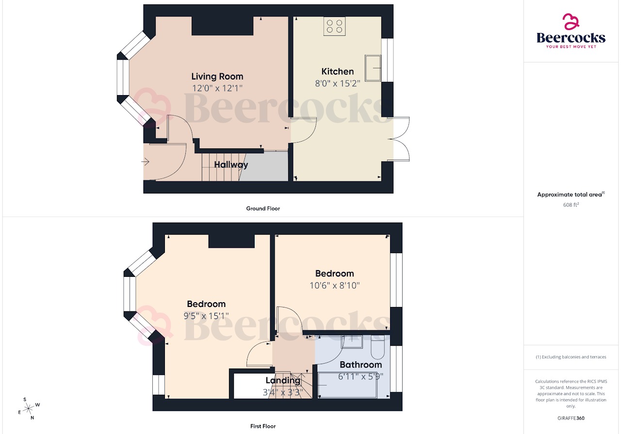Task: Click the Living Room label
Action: tap(217, 76)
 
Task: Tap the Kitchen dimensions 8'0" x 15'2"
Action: tap(338, 83)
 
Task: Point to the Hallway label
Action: tap(231, 165)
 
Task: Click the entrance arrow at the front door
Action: tap(146, 162)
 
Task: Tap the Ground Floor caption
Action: tap(262, 209)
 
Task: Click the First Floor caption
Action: tap(262, 426)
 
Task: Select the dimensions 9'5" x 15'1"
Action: tap(206, 316)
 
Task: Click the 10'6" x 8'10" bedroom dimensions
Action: tap(334, 286)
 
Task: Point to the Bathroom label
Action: tap(360, 365)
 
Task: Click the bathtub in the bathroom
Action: tap(347, 385)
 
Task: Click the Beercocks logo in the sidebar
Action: tap(571, 31)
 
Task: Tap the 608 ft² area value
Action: tap(571, 205)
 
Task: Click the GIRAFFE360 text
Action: tap(571, 418)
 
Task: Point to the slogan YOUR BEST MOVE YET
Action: tap(571, 47)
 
